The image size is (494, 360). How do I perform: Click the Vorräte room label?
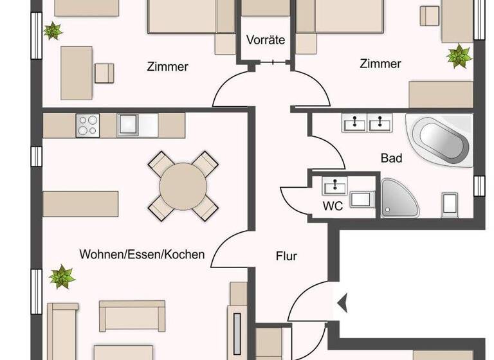[266, 40]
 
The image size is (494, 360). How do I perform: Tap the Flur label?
[286, 256]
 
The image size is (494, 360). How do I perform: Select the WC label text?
[332, 206]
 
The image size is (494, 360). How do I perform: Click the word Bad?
[391, 157]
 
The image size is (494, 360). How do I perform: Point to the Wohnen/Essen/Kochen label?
[142, 254]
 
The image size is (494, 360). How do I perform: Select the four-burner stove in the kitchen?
[86, 125]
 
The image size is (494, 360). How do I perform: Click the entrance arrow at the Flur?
[342, 300]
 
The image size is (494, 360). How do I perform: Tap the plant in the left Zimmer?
[52, 30]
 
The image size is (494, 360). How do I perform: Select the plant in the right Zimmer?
[459, 55]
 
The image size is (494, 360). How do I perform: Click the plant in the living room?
[62, 276]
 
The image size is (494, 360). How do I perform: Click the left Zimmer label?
[167, 66]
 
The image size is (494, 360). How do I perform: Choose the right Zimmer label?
[380, 64]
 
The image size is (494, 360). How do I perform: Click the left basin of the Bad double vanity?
[352, 122]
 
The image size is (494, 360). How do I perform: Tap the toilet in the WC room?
[361, 199]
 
